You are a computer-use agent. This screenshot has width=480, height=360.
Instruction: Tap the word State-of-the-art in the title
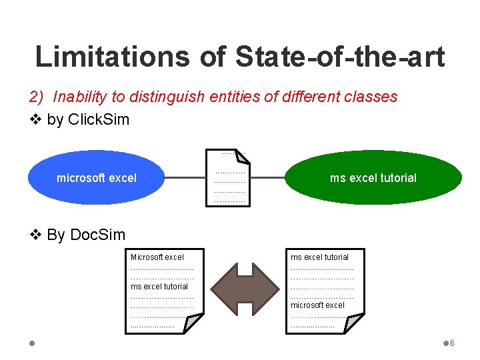coord(339,57)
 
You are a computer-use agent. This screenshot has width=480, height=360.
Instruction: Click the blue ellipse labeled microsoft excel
coord(97,178)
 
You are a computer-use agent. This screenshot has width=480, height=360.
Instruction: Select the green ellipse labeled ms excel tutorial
coord(373,178)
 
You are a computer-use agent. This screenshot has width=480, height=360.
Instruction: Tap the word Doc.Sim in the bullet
coord(97,235)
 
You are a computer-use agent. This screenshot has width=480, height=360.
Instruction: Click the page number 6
coord(452,343)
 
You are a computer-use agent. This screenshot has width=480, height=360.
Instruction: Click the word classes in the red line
coord(371,97)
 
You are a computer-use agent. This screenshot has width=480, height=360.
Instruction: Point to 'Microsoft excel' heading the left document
coord(157,257)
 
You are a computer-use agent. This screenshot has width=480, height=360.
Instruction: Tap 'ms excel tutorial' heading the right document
coord(319,257)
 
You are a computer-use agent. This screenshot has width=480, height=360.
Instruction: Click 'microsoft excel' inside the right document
coord(317,305)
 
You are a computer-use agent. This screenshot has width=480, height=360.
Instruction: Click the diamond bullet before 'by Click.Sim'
coord(37,121)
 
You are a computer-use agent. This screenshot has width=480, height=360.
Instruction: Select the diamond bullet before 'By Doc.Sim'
coord(37,235)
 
